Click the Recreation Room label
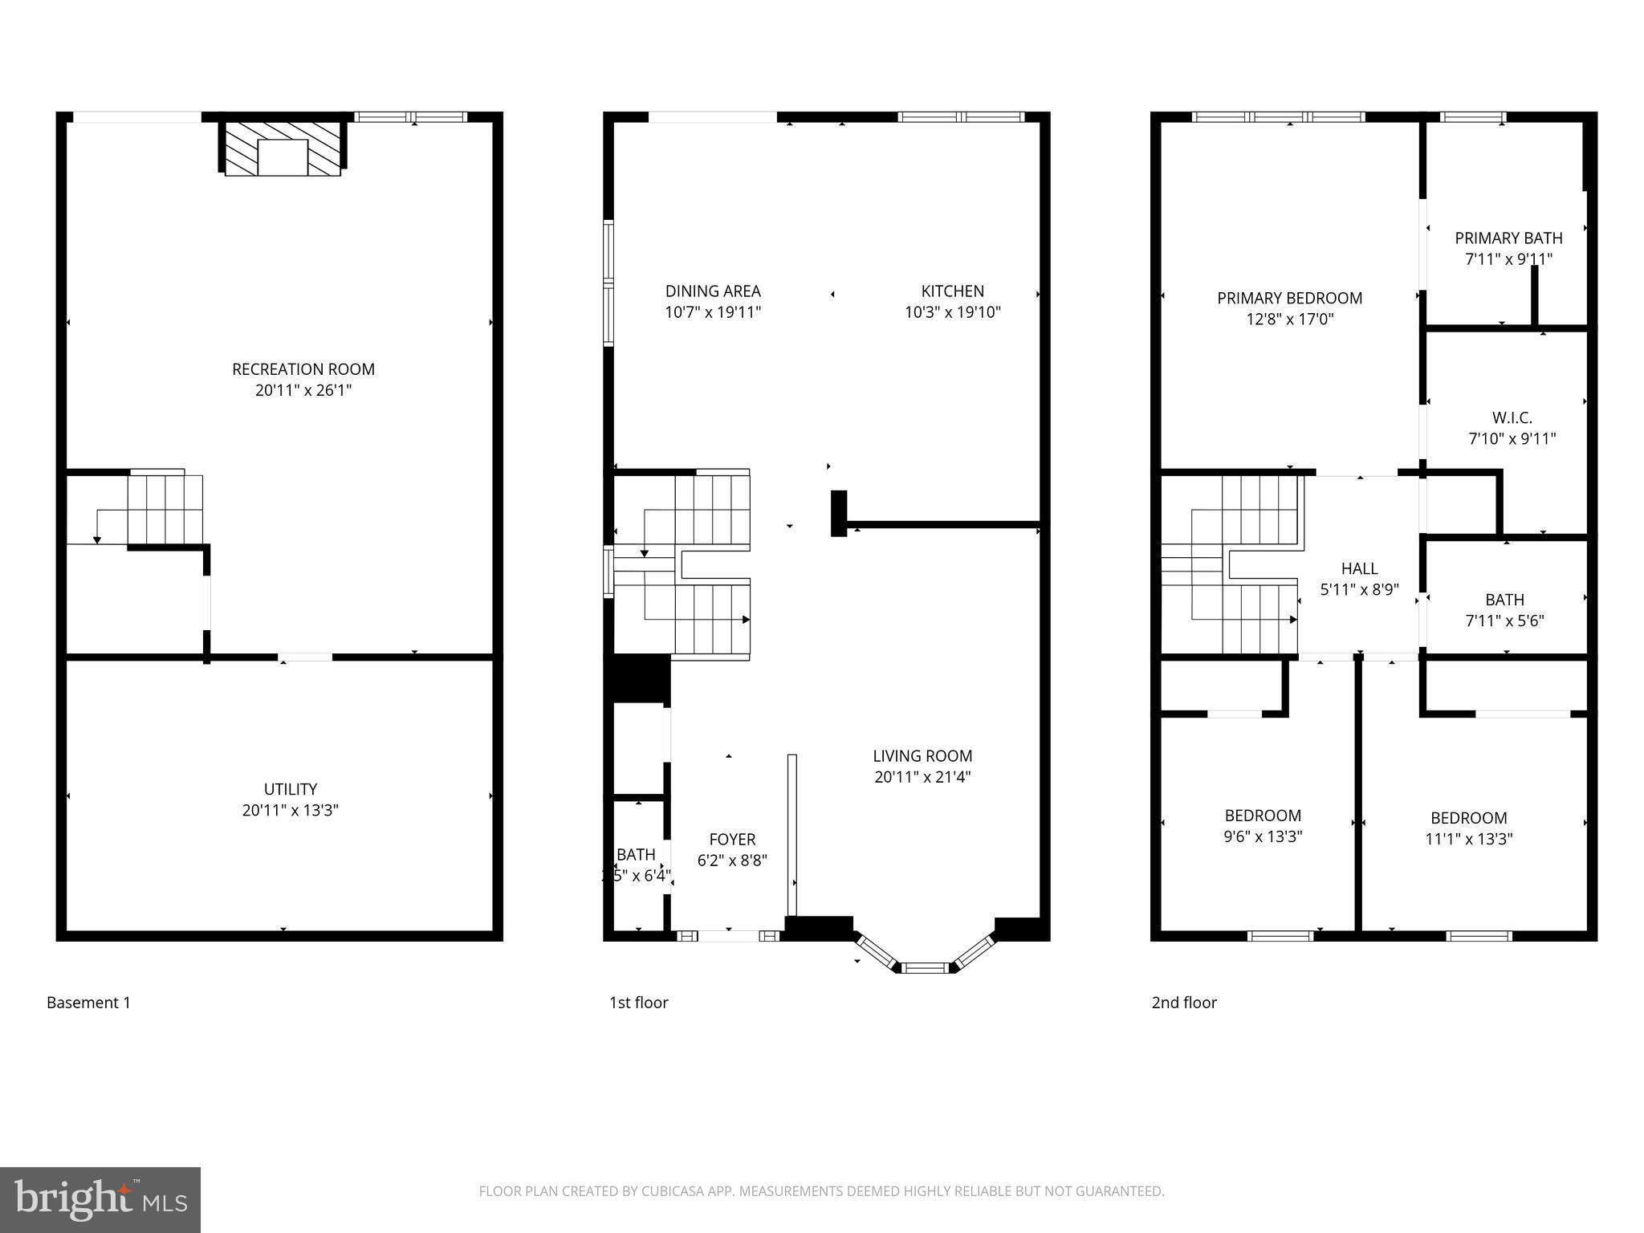tap(303, 369)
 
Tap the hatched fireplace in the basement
tap(283, 149)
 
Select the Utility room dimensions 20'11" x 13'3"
tap(291, 810)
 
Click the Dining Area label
tap(713, 291)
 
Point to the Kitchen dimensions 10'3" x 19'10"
tap(952, 312)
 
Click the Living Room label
tap(922, 756)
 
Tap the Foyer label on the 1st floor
tap(732, 840)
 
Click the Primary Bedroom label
tap(1289, 299)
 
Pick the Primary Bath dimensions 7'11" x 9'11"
tap(1508, 259)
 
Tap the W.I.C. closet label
tap(1512, 418)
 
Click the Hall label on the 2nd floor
tap(1359, 568)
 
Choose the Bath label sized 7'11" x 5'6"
tap(1504, 600)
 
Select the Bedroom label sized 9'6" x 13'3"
tap(1263, 816)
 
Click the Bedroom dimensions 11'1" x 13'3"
tap(1468, 839)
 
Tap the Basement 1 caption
tap(88, 1003)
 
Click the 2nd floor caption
tap(1184, 1003)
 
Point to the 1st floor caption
tap(639, 1003)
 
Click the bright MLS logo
tap(100, 1200)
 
